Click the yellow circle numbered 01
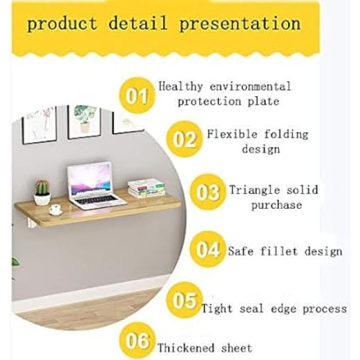point(137,95)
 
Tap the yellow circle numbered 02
point(185,139)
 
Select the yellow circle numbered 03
point(208,192)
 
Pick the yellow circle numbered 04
point(208,250)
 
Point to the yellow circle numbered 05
point(185,300)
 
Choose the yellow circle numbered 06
point(137,340)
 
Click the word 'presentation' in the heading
point(239,24)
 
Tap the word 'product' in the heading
point(62,24)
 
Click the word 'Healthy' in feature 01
point(181,87)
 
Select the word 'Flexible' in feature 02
point(232,134)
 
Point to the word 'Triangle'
point(255,190)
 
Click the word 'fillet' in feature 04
point(278,251)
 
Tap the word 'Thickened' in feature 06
point(186,348)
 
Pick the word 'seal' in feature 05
point(251,309)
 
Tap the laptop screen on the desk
point(90,180)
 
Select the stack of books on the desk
point(146,189)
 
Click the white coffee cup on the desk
point(55,209)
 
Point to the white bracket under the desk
point(31,223)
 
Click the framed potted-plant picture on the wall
point(84,121)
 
